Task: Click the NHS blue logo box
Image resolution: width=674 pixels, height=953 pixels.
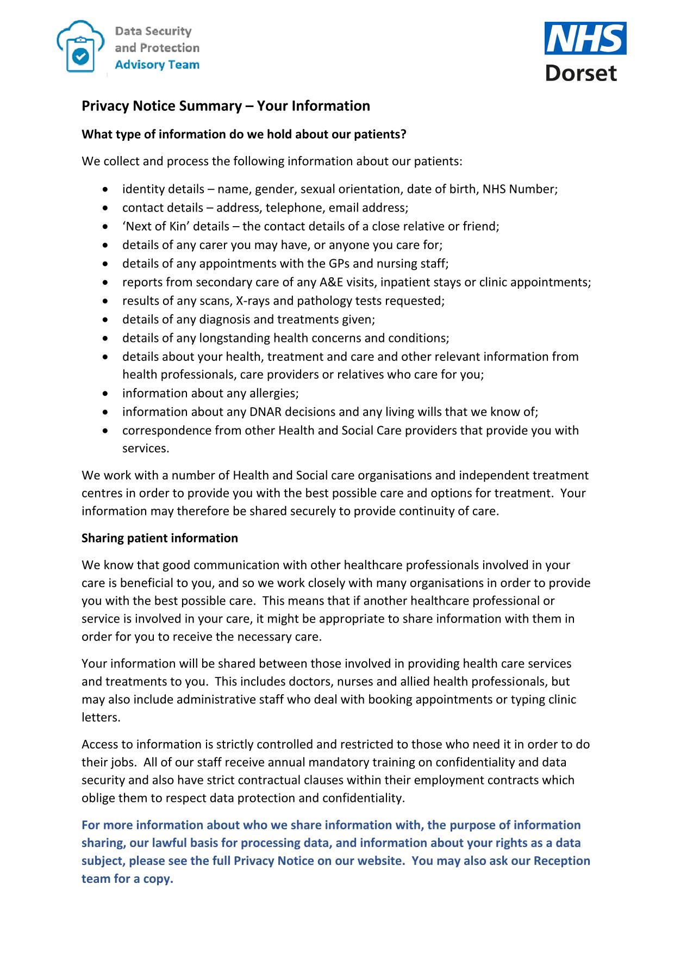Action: pos(585,38)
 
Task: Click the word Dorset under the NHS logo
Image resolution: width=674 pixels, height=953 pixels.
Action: pos(581,73)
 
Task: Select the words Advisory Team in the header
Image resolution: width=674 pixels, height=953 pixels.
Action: pos(157,65)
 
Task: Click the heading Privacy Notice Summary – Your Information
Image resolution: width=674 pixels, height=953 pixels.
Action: pos(226,105)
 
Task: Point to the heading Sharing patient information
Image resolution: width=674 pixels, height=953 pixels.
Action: pos(160,538)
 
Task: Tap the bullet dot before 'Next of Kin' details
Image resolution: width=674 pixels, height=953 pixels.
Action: pos(105,227)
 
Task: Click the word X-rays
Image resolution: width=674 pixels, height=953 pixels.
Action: pos(249,301)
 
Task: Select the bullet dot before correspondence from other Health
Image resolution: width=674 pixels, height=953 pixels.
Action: pos(105,431)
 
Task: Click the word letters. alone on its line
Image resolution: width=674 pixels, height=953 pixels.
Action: pos(101,717)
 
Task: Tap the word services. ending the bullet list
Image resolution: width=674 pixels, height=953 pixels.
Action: pos(146,449)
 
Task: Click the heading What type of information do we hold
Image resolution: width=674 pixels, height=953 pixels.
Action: pos(244,134)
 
